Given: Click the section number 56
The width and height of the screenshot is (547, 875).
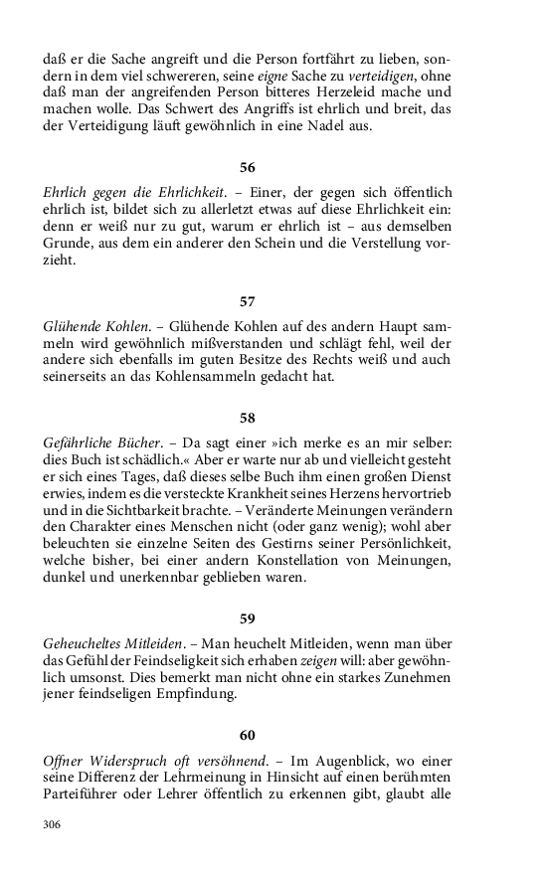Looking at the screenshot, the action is pos(248,166).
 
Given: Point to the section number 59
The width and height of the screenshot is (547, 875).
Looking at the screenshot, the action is pos(248,617).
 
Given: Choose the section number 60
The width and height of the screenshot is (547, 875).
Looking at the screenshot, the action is pos(248,735).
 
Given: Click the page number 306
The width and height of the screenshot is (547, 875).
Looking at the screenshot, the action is pos(53,824).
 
